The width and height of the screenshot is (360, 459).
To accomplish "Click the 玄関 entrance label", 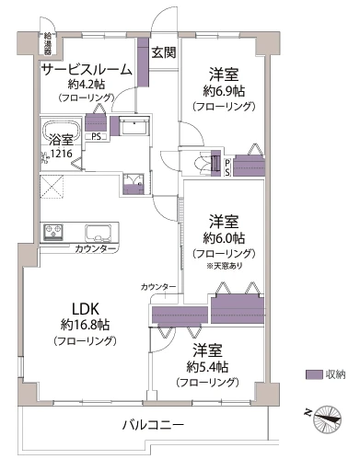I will point(164,52).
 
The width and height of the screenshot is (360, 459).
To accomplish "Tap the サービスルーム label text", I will point(84,68).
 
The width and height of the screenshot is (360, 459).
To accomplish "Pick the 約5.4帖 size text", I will point(210,366).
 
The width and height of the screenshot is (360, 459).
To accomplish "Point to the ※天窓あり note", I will point(226,265).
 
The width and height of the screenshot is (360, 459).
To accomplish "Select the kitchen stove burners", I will point(52,231).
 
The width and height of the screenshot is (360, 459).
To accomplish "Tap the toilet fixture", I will point(200,164).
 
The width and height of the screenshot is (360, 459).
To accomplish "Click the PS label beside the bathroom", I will point(97,137).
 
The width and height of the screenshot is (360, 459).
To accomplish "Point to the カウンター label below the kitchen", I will point(95,249).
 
